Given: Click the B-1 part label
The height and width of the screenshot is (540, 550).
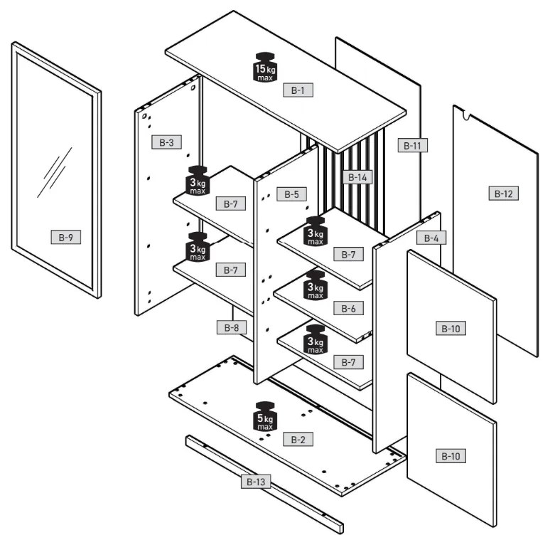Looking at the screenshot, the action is click(298, 90).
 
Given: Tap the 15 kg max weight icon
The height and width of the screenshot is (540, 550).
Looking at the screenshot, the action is click(265, 68).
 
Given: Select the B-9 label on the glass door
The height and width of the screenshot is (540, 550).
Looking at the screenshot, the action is click(66, 238).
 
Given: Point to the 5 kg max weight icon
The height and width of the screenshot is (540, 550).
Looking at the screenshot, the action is click(265, 416).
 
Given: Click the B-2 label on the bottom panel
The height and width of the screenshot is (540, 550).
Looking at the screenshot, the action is click(298, 439).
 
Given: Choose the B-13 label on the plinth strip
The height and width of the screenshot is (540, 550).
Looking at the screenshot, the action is click(256, 482).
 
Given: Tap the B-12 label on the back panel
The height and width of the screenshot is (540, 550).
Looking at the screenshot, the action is click(503, 194).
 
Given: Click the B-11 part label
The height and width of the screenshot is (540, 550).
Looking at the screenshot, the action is click(412, 145).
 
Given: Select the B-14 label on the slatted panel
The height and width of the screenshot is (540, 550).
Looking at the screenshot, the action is click(357, 177).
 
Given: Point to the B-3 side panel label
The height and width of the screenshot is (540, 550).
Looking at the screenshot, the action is click(166, 142).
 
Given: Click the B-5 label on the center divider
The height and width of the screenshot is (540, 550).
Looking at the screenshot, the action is click(291, 194).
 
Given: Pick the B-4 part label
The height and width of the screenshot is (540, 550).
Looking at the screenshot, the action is click(431, 238).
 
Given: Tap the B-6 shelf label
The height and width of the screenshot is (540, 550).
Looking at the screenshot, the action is click(348, 308).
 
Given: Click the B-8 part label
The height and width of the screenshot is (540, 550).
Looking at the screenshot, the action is click(232, 327).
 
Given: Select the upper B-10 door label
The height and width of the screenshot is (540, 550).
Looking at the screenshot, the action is click(451, 329).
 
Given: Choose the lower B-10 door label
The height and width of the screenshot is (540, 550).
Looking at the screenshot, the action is click(451, 456).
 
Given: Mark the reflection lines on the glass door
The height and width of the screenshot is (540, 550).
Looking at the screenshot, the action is click(55, 172).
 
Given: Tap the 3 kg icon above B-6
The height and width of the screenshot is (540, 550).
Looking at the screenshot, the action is click(316, 285).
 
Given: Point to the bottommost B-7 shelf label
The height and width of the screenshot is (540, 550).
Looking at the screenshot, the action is click(348, 362).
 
